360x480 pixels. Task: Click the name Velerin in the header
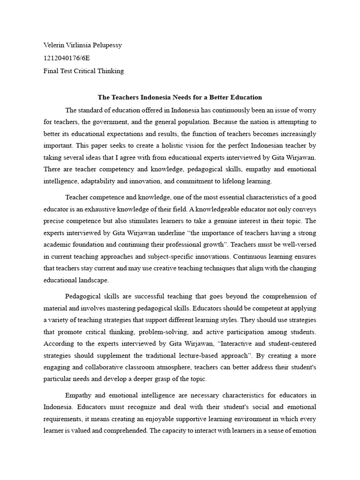coord(53,45)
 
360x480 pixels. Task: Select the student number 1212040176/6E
coord(67,58)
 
